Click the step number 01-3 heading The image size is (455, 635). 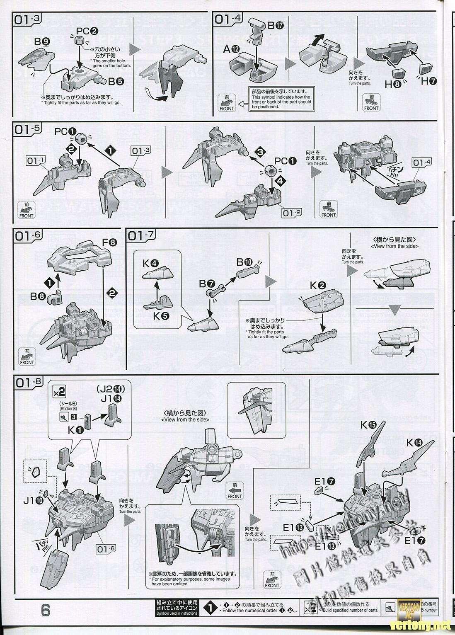point(28,19)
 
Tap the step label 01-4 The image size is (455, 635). point(228,19)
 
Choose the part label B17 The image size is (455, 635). point(276,26)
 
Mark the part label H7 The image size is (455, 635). point(428,81)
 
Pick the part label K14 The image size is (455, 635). point(415,443)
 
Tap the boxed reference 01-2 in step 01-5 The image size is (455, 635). point(290,213)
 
